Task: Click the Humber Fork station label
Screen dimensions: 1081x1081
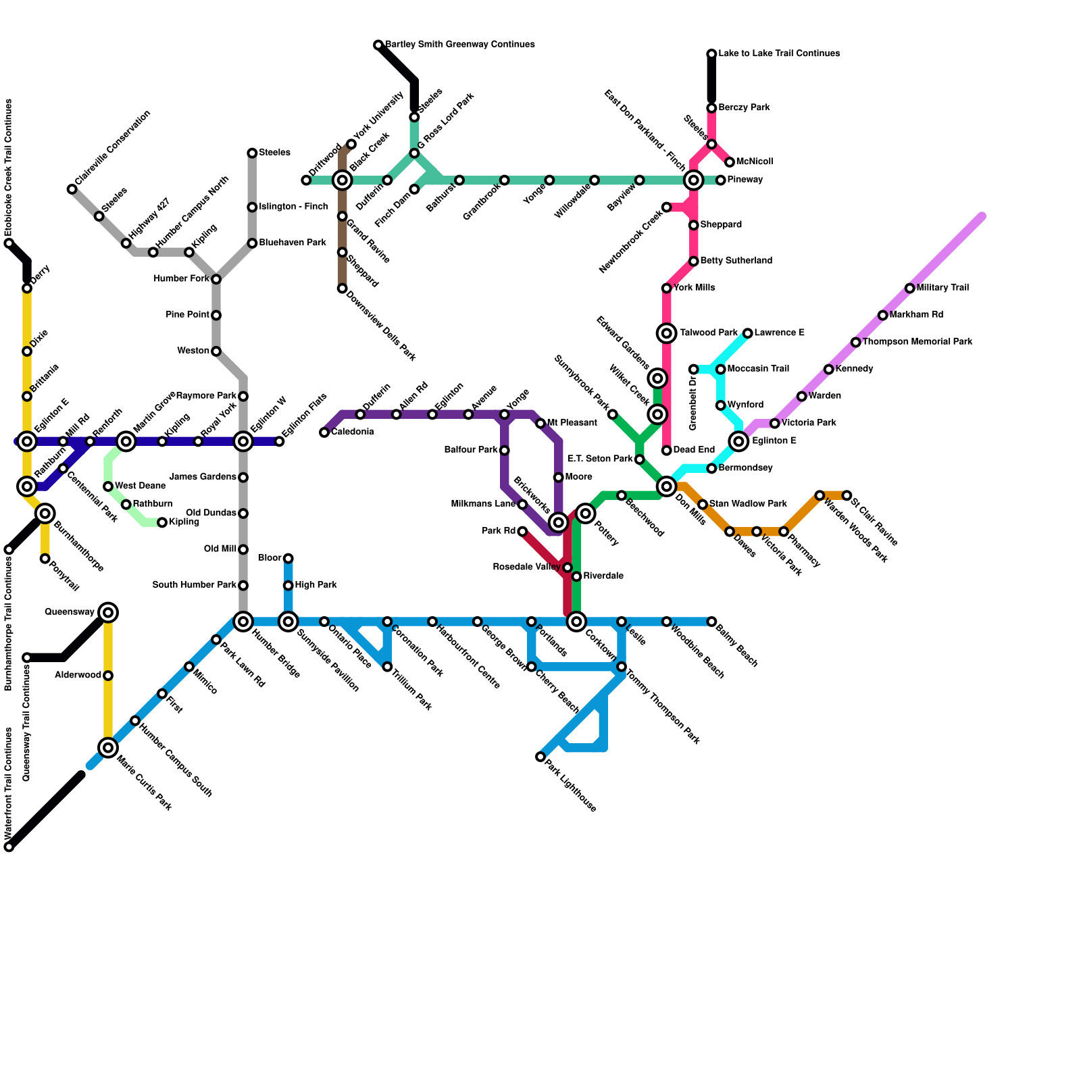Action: tap(181, 279)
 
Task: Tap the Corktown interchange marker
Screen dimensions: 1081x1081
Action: tap(576, 622)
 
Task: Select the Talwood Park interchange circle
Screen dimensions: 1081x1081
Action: tap(667, 333)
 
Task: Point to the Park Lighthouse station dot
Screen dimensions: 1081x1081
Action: tap(540, 757)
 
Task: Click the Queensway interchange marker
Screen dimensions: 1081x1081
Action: tap(108, 613)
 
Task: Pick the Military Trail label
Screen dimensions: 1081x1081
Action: tap(942, 288)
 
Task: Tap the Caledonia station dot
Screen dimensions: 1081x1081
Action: tap(324, 432)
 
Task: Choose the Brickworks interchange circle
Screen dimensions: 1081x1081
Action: tap(558, 522)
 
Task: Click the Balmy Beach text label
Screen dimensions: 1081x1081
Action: tap(737, 646)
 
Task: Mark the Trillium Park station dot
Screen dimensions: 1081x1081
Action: tap(387, 667)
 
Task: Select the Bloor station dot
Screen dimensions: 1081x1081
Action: tap(288, 559)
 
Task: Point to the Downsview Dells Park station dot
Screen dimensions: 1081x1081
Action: tap(343, 288)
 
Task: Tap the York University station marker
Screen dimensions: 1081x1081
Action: tap(351, 145)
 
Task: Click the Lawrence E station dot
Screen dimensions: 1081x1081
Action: tap(748, 333)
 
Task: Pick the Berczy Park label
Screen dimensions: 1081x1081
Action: tap(744, 108)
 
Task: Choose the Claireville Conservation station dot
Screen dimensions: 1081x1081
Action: tap(72, 189)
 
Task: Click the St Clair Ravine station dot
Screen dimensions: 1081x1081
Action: tap(847, 495)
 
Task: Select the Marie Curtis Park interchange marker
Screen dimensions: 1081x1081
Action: tap(108, 747)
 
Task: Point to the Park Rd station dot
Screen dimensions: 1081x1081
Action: tap(522, 532)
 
